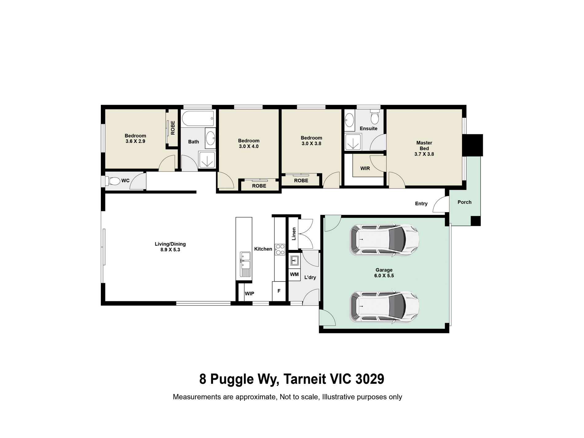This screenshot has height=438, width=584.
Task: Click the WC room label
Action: (125, 180)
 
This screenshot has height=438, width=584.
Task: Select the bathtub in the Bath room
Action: (198, 118)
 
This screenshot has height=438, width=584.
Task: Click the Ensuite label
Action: (369, 128)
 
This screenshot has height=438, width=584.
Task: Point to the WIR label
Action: (365, 168)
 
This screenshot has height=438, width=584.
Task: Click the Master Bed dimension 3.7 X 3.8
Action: (424, 154)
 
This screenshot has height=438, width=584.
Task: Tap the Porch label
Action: (464, 202)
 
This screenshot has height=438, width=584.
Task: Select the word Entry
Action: (421, 203)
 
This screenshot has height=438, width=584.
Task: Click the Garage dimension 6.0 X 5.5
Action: (384, 276)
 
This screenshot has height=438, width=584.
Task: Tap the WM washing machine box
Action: (294, 274)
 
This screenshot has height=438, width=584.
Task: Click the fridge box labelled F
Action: (279, 291)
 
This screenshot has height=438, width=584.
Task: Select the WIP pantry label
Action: (249, 294)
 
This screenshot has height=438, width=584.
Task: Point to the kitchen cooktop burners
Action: (280, 249)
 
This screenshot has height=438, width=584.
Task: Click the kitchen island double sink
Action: (245, 260)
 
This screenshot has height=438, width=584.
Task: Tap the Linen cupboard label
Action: (294, 234)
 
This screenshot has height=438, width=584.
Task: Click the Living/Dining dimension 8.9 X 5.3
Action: (170, 250)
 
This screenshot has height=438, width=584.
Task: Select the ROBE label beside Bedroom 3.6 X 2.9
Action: (173, 128)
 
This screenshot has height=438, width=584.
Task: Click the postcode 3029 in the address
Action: (370, 379)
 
